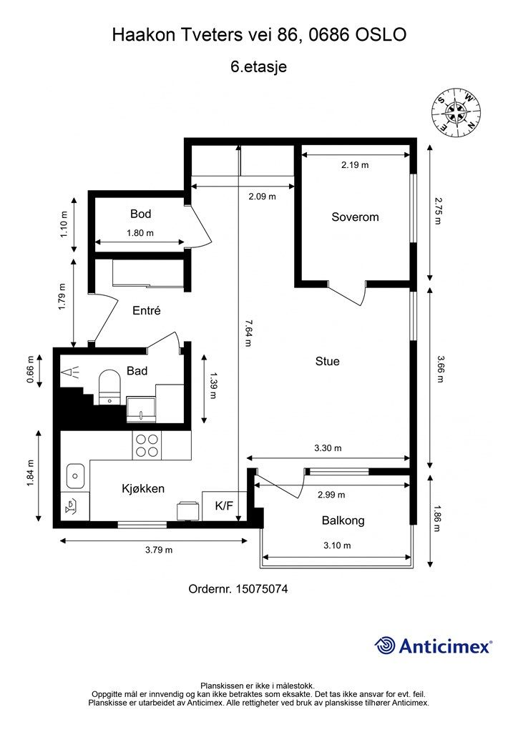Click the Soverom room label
pos(355,217)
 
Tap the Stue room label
pos(328,361)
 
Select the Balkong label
pos(343,520)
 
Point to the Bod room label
pos(141,214)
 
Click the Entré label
pos(147,310)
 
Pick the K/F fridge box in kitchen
pos(224,505)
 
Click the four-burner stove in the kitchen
pos(147,445)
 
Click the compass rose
pos(456,114)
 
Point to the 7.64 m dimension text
pos(248,333)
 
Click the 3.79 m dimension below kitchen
pos(159,550)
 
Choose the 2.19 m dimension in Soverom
pos(355,165)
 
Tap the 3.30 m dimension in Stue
pos(328,448)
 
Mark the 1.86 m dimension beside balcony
pos(437,519)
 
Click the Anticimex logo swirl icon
pos(385,646)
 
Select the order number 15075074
pos(262,589)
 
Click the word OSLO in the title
pos(381,34)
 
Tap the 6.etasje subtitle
pos(259,66)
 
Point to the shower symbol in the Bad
pos(71,372)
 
